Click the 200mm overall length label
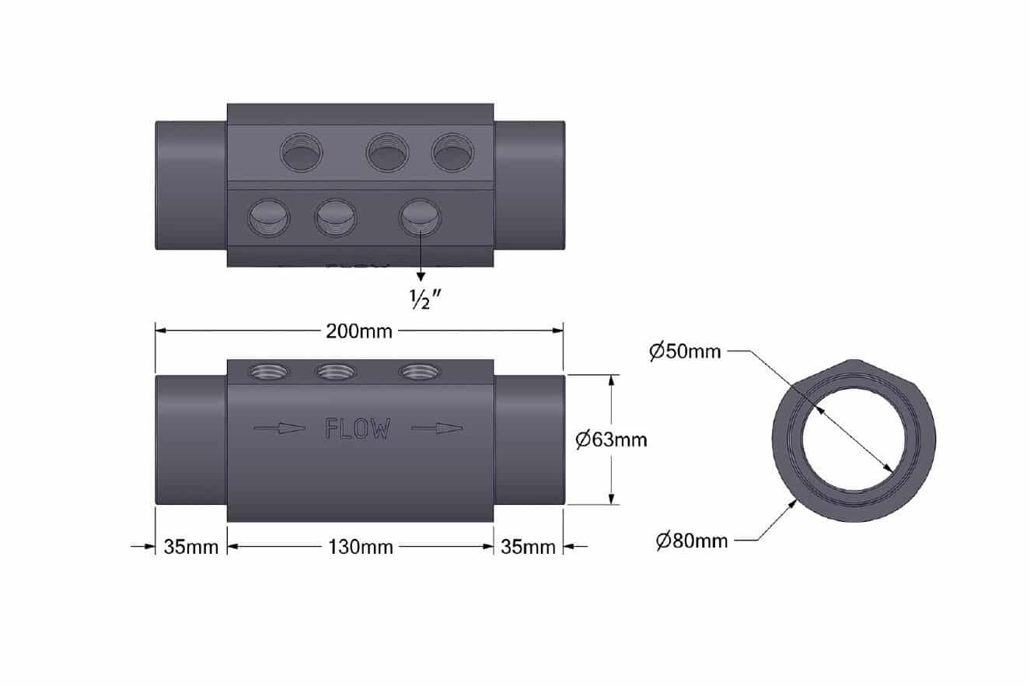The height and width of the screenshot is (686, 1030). click(x=358, y=331)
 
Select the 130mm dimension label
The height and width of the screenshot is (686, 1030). click(x=361, y=547)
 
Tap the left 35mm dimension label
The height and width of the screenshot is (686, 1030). click(x=190, y=547)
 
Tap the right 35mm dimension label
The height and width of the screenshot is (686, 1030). click(x=528, y=547)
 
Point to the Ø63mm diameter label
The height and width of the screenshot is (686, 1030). click(x=611, y=440)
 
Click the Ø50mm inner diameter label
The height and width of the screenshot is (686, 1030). click(x=685, y=352)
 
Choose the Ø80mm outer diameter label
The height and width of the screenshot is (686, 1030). click(x=692, y=541)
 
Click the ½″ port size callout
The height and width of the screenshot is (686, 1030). click(x=425, y=299)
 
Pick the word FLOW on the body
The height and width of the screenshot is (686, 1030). click(x=358, y=429)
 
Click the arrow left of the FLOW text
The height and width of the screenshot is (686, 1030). click(x=280, y=429)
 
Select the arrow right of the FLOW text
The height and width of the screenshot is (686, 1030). click(x=437, y=429)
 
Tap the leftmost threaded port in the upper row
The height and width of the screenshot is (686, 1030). click(x=301, y=152)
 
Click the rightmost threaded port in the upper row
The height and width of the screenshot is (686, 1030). click(x=452, y=152)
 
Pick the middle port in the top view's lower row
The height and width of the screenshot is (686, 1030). click(x=336, y=218)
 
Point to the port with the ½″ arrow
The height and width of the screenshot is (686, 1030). click(x=420, y=218)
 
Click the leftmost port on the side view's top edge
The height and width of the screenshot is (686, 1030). click(x=269, y=371)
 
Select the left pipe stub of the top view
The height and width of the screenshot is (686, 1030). click(x=190, y=185)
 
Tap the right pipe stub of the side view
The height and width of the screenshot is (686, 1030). click(x=529, y=440)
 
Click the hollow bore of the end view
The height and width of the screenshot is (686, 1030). click(x=854, y=439)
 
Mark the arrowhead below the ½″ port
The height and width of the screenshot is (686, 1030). click(x=421, y=277)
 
